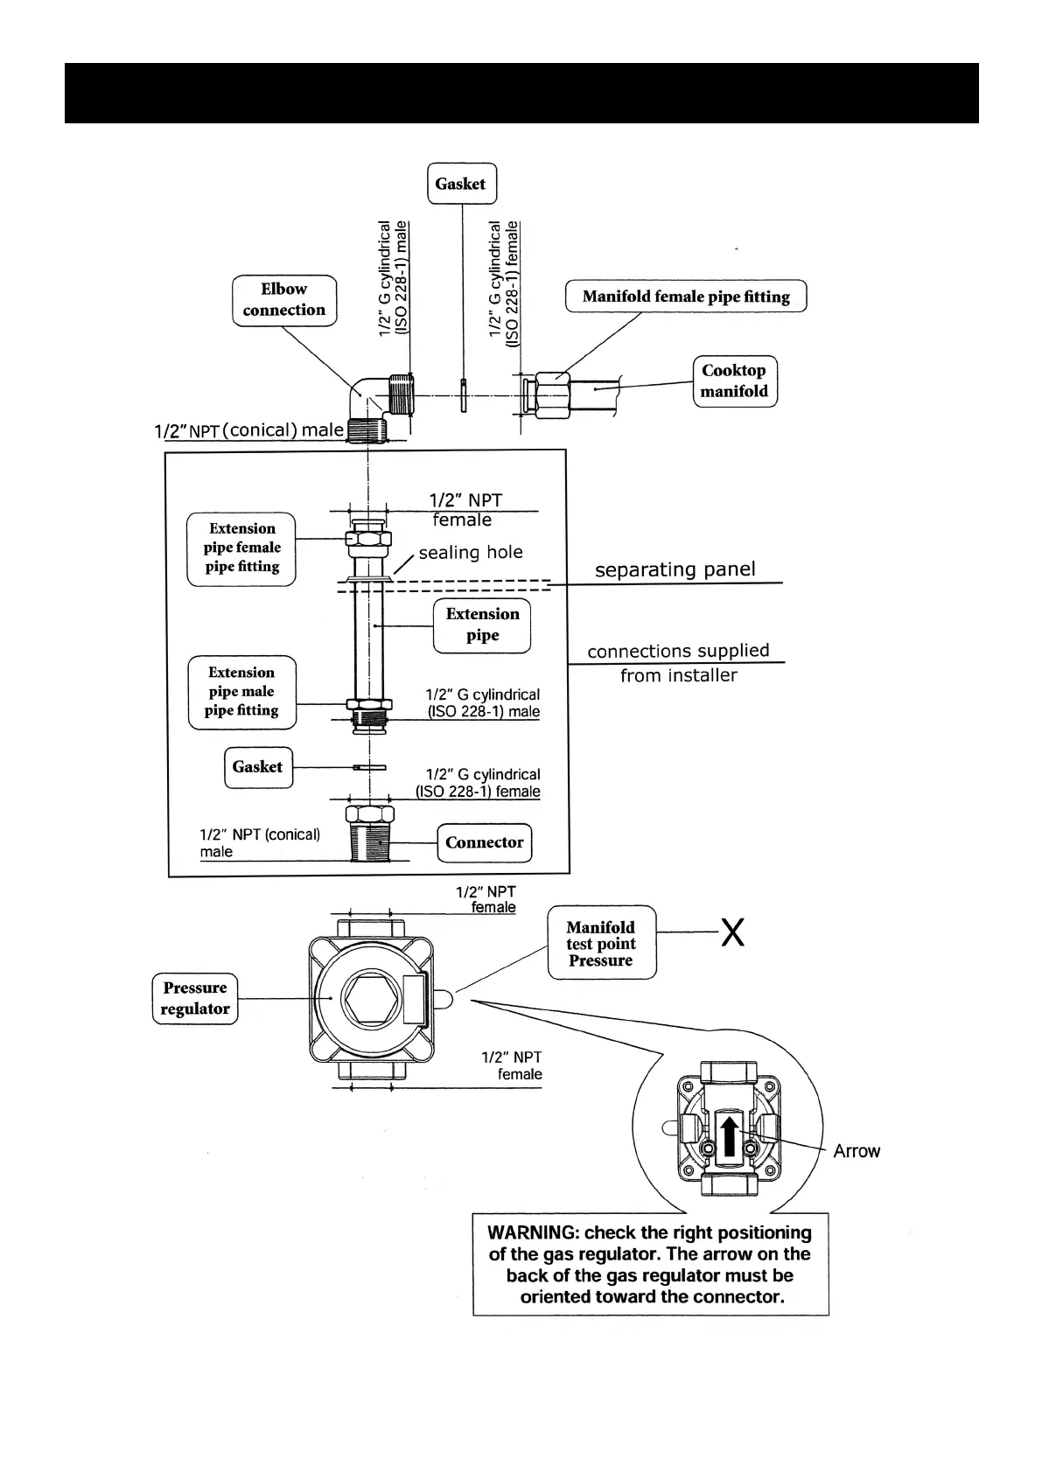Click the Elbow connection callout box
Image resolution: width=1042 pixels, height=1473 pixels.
[x=284, y=300]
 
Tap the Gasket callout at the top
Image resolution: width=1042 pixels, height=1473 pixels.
[x=461, y=184]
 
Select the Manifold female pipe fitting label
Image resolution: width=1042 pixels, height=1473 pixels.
[x=686, y=297]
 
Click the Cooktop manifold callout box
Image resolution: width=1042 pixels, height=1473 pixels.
[x=734, y=381]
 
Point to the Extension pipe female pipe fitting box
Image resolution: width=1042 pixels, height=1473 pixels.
[x=242, y=548]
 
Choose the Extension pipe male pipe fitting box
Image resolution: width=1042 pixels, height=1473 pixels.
[x=242, y=692]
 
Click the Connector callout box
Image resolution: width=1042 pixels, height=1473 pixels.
[x=484, y=842]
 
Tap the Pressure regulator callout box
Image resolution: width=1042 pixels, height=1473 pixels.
[x=195, y=998]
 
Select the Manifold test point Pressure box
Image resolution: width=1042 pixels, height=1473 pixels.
[x=601, y=943]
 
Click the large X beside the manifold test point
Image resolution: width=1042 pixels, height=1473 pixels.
[x=732, y=933]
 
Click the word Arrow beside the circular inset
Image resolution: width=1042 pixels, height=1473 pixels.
[x=857, y=1151]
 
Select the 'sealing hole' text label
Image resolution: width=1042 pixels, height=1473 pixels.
[x=471, y=553]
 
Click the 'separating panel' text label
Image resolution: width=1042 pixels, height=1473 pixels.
[x=675, y=570]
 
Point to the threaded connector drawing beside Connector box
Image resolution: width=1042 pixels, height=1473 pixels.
[x=369, y=839]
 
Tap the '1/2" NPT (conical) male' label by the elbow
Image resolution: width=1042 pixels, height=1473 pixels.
[x=249, y=431]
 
